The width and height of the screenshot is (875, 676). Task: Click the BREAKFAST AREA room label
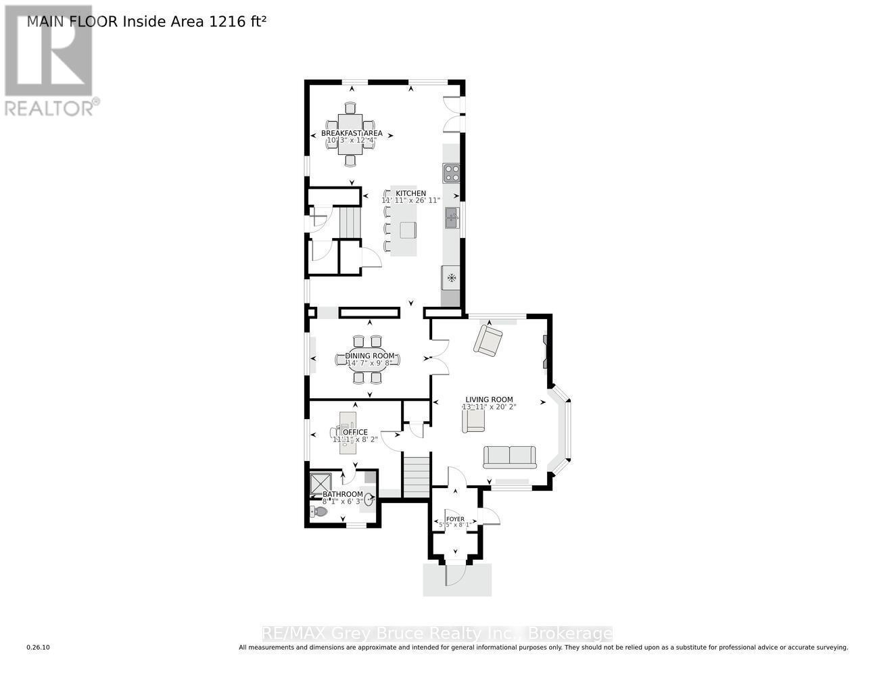pos(351,133)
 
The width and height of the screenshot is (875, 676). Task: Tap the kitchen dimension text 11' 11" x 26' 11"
pos(410,201)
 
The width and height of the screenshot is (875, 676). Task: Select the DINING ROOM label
pos(369,356)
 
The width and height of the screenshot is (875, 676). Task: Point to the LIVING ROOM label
pos(488,400)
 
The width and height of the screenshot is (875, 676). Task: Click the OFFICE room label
pos(355,432)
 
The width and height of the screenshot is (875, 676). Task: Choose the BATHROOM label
pos(342,494)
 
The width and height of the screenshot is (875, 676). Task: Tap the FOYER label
pos(455,519)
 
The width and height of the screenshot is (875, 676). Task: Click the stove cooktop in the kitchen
pos(452,173)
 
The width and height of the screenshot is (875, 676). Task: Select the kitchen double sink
pos(452,218)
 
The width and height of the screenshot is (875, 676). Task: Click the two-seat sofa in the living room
pos(510,457)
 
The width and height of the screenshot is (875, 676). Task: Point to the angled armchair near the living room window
pos(487,340)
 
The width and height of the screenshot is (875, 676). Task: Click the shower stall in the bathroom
pos(320,484)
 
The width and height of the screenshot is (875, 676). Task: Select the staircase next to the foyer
pos(417,477)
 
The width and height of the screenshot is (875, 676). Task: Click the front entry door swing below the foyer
pos(454,575)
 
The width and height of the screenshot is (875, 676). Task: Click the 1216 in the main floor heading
pos(229,22)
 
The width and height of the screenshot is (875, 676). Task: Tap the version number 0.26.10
pos(39,648)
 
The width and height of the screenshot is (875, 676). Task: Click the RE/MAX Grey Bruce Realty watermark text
pos(437,634)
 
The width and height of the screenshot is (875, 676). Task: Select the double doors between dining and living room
pos(440,356)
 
